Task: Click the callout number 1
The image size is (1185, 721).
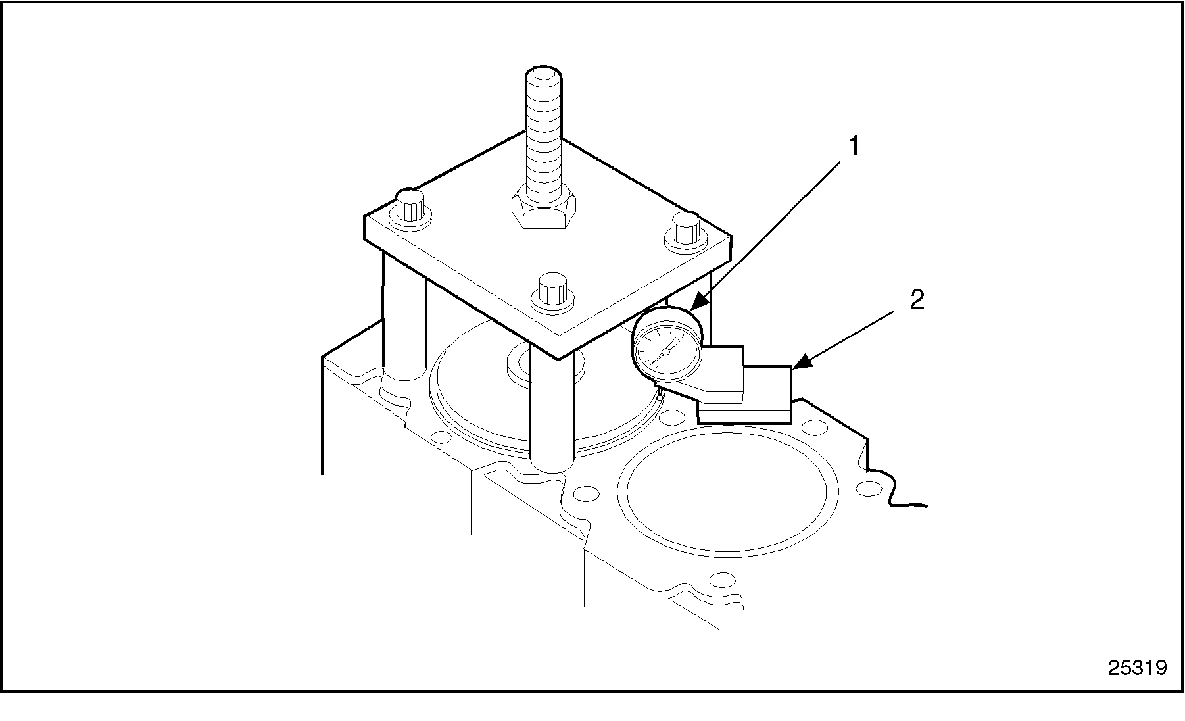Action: (x=854, y=146)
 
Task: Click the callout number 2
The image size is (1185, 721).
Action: (x=917, y=300)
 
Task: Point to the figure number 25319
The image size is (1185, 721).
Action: (x=1137, y=668)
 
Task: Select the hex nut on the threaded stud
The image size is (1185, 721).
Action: (x=544, y=207)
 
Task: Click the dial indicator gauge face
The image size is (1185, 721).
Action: (x=665, y=351)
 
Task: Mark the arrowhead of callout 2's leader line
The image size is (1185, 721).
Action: (x=800, y=361)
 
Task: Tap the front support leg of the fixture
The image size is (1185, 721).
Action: (x=552, y=413)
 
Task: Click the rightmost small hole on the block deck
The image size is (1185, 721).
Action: (x=869, y=488)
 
